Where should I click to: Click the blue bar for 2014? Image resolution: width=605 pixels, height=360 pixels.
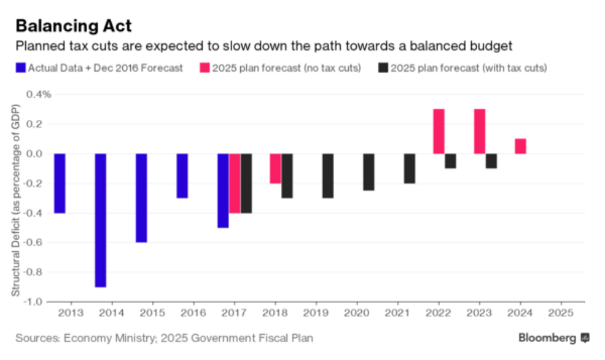tap(100, 220)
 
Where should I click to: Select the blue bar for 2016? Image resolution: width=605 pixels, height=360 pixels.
tap(182, 176)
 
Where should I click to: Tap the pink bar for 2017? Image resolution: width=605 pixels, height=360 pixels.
tap(235, 183)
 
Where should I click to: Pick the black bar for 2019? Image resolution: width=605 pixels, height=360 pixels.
tap(328, 176)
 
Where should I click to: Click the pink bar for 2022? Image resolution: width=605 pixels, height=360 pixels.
tap(439, 132)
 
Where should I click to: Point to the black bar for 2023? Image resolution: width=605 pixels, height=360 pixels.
tap(491, 161)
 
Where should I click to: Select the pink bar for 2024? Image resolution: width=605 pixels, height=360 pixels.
tap(520, 146)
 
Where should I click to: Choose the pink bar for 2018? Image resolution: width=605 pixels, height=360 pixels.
tap(275, 169)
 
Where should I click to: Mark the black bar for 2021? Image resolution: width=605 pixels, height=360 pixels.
tap(409, 169)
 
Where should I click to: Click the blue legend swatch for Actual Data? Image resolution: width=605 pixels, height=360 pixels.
tap(20, 68)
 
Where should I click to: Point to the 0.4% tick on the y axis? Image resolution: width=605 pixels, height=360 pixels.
tap(38, 94)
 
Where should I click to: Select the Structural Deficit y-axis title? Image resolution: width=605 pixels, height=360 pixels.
tap(15, 198)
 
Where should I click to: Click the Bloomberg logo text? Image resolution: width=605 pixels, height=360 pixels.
tap(546, 338)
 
